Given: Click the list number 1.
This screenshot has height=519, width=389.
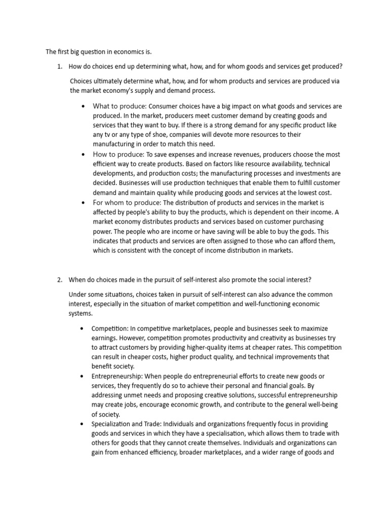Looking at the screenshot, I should pos(59,66).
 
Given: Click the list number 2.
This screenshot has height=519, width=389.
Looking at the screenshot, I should pos(59,279).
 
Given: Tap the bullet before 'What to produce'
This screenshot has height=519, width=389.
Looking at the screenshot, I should pos(83,106).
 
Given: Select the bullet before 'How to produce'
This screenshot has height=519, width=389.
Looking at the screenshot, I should pos(83,154).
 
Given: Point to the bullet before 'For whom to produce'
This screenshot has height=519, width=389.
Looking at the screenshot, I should pos(83,202).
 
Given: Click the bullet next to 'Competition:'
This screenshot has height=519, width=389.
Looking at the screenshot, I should pos(82,328).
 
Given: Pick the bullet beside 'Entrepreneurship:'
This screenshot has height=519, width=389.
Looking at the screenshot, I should pos(82,376).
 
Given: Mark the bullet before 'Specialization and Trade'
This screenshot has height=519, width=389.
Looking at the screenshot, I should pos(82,424).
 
